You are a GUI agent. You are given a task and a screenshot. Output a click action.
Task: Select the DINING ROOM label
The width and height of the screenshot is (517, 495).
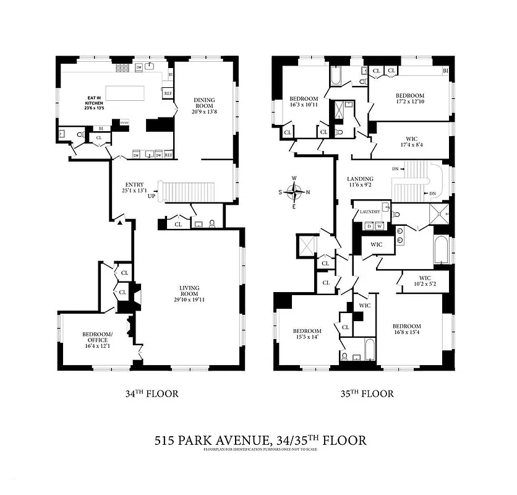click(204, 106)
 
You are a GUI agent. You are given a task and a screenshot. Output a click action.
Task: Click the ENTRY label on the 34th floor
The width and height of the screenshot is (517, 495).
click(135, 188)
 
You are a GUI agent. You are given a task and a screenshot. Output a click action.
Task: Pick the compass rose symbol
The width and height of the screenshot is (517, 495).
click(294, 192)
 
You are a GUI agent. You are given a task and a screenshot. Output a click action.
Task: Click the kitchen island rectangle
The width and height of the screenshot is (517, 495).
click(126, 93)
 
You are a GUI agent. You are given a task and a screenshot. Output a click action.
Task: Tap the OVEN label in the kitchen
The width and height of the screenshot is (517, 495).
click(124, 122)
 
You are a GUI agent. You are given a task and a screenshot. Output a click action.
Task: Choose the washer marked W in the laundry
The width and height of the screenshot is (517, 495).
click(379, 226)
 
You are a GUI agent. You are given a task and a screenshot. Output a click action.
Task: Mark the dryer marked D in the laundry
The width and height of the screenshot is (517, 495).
click(369, 226)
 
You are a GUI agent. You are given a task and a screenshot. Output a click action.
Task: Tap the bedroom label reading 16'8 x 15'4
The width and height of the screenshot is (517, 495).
click(406, 330)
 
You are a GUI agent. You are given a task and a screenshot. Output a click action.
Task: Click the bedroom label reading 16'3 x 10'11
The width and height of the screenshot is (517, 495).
click(304, 102)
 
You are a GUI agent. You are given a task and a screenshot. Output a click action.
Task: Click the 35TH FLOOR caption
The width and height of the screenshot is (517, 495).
click(366, 394)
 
